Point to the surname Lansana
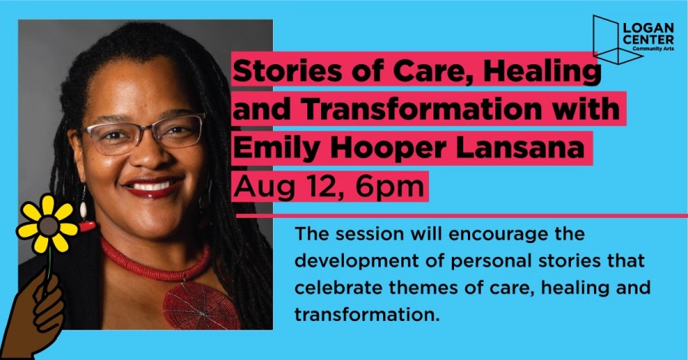(520, 147)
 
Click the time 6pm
(390, 187)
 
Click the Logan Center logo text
(648, 36)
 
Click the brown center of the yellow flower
(48, 225)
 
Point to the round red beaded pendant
(200, 306)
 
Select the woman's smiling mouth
(153, 186)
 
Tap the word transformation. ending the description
(367, 315)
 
